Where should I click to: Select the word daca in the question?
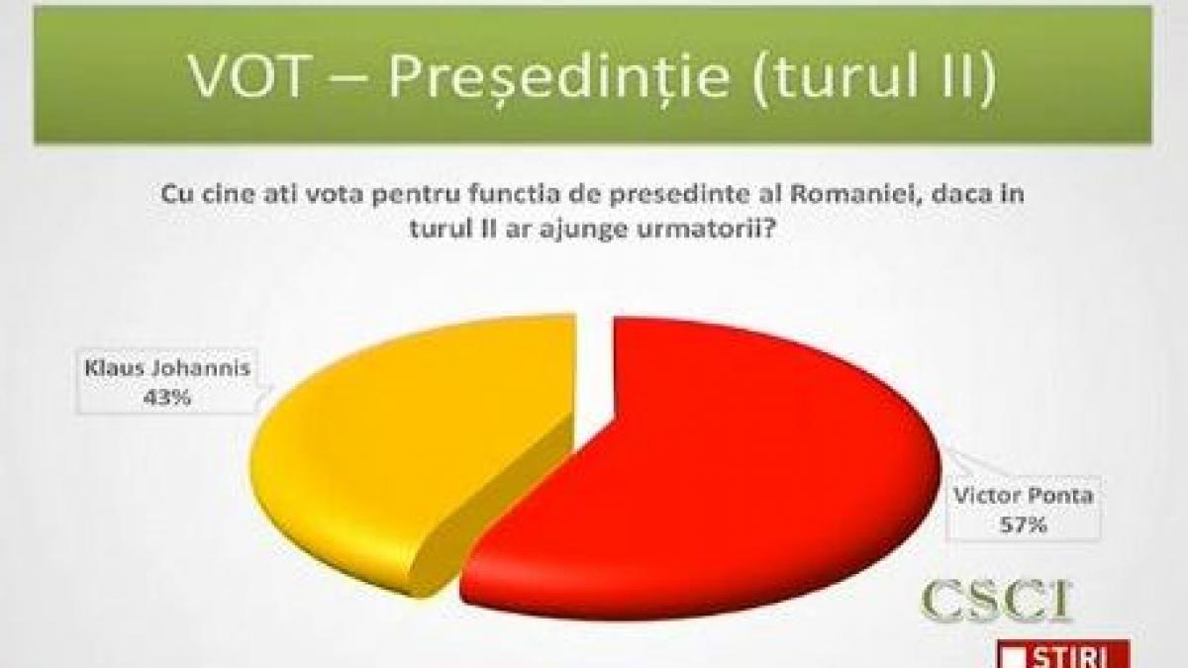pos(947,195)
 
